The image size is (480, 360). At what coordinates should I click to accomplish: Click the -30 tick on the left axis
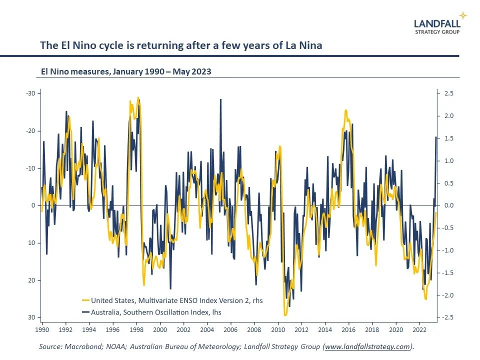click(30, 93)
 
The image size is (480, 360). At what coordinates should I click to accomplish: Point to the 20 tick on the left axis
click(32, 280)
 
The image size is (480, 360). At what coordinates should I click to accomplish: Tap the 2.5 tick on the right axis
click(448, 93)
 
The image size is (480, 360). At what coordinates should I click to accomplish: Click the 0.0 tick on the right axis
click(448, 205)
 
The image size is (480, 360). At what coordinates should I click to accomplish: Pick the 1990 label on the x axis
click(42, 330)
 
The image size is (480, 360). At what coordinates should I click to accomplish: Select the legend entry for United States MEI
click(171, 300)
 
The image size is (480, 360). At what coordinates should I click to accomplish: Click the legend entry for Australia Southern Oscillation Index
click(151, 312)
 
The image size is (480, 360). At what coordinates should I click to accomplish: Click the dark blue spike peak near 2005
click(220, 99)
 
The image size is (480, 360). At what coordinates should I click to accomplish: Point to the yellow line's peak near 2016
click(345, 110)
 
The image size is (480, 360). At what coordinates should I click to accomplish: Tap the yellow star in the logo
click(463, 15)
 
